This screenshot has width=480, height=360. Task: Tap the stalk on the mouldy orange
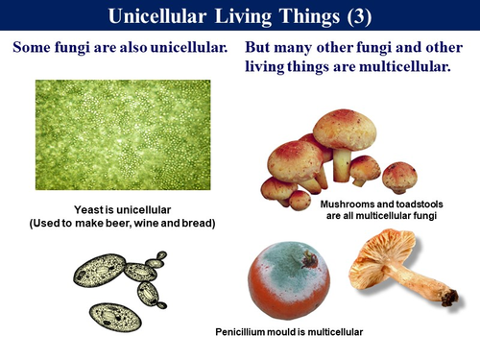(310, 257)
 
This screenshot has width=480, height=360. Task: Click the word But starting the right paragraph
(262, 47)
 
